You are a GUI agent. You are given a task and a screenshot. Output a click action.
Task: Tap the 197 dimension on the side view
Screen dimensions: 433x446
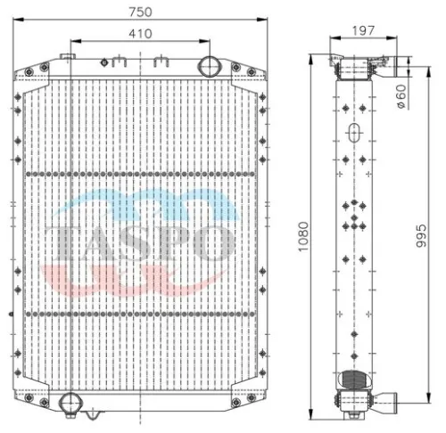tap(362, 30)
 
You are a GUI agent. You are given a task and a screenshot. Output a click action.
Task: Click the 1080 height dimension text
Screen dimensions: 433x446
tap(303, 235)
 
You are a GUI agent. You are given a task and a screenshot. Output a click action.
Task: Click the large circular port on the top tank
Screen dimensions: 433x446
tap(210, 66)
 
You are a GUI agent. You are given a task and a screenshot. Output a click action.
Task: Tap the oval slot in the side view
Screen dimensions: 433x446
tap(356, 135)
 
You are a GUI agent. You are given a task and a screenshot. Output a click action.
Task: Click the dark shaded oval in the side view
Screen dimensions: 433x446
tap(355, 385)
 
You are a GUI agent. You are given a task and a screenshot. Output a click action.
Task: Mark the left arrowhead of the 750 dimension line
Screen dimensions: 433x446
tap(18, 19)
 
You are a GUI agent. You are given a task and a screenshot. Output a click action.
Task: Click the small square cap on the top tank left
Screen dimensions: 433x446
tap(67, 58)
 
